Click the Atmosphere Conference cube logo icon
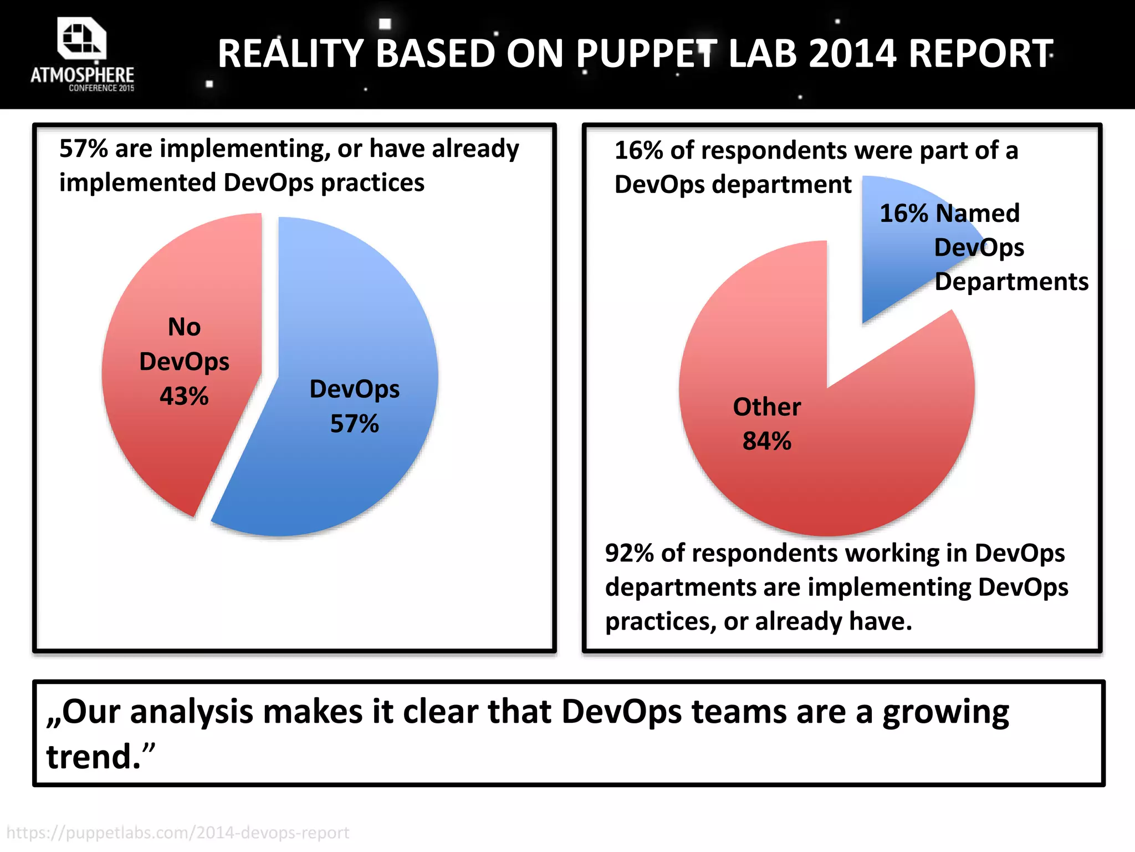click(x=81, y=38)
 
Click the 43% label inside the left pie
click(x=184, y=396)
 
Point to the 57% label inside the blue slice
click(x=355, y=424)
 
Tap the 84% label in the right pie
click(x=767, y=442)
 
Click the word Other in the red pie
click(x=767, y=407)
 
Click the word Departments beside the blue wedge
click(x=1011, y=282)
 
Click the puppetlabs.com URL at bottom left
click(x=178, y=833)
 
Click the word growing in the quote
click(x=945, y=713)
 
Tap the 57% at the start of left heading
click(x=83, y=149)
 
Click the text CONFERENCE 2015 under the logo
click(x=101, y=88)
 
